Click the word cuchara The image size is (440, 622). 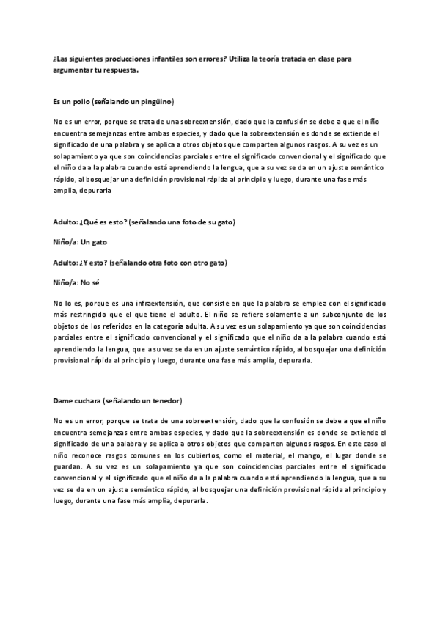(87, 402)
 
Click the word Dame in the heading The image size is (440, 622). (62, 402)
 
